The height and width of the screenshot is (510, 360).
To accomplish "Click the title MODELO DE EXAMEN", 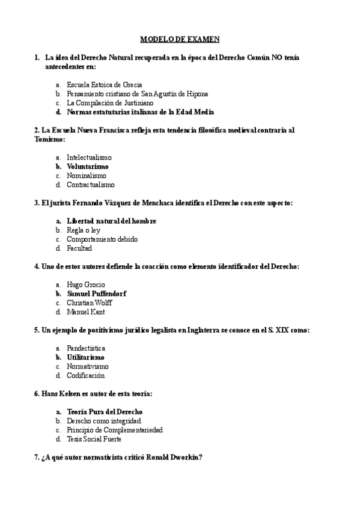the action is tap(180, 40).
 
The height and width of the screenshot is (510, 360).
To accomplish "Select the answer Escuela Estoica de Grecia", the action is tap(104, 85).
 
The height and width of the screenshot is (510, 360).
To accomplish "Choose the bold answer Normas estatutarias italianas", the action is tap(140, 112).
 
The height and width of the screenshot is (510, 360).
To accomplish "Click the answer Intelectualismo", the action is tap(89, 158).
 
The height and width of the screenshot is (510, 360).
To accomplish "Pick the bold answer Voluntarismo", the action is tap(88, 167).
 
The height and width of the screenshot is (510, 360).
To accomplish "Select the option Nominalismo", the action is tap(86, 176).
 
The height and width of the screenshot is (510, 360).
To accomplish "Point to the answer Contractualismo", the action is tap(91, 185).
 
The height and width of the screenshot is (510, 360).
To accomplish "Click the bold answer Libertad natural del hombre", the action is tap(111, 221).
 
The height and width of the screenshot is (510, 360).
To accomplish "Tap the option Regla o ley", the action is tap(83, 230).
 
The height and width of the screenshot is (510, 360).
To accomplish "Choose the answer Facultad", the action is tap(79, 248).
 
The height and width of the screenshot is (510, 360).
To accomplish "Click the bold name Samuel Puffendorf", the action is tap(96, 293).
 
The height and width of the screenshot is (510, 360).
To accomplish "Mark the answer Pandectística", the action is tap(86, 348).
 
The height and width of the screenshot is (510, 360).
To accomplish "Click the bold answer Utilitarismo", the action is tap(85, 357).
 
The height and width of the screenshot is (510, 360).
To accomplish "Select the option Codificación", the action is tap(85, 376).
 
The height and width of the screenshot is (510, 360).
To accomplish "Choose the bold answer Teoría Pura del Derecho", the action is tap(105, 412).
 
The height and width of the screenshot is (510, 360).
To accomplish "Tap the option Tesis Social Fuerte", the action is tap(94, 440).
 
